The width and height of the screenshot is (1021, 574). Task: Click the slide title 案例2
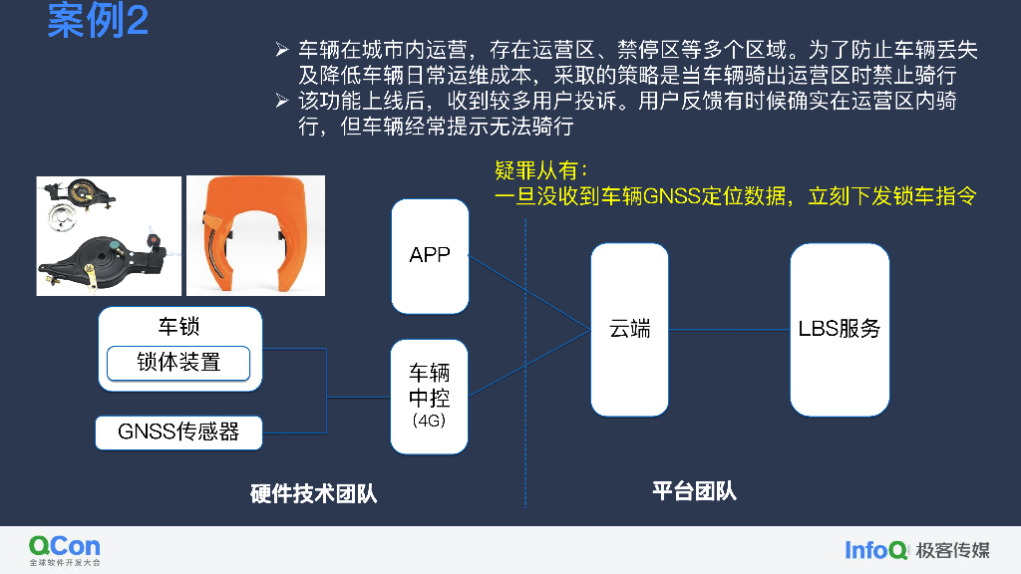pos(98,21)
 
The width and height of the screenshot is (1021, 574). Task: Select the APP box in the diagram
pos(430,255)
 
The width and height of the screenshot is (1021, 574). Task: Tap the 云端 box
pos(629,329)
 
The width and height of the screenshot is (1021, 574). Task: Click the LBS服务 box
pos(840,329)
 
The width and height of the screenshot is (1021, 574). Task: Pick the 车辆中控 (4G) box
pos(430,397)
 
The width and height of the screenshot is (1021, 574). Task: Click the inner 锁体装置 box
pos(178,363)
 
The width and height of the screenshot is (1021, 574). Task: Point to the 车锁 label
pos(179,326)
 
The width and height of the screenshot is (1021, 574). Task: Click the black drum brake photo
pos(109,236)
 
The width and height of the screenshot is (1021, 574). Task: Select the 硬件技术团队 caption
pos(314,493)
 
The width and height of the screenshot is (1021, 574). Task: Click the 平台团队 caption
pos(694,490)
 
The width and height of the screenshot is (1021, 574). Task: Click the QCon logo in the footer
pos(65,549)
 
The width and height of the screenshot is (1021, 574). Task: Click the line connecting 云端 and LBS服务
pos(729,329)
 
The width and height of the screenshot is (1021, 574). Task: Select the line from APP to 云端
pos(528,293)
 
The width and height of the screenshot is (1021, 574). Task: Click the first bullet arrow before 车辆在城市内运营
pos(282,49)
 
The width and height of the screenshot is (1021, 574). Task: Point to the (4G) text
pos(429,421)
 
